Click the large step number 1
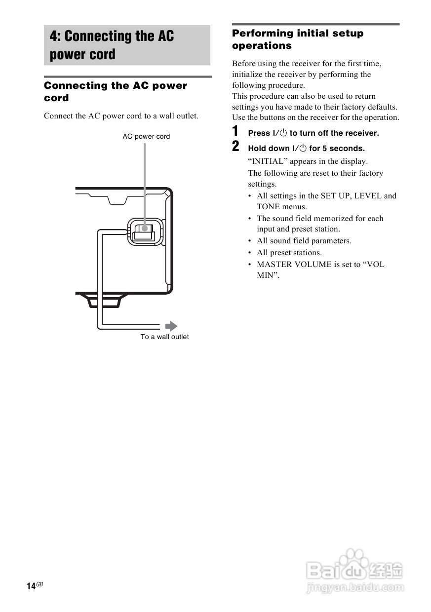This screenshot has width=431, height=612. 236,131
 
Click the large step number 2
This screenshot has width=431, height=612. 236,147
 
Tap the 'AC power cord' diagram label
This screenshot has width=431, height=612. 146,137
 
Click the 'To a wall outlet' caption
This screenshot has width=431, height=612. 164,337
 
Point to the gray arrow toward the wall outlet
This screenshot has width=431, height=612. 171,326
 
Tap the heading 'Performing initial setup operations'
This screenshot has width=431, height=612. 297,39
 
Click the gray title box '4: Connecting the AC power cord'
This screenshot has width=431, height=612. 127,45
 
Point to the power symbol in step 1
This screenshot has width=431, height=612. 283,133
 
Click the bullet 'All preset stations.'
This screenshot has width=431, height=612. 289,253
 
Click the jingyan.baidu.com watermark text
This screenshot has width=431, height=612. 355,588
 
